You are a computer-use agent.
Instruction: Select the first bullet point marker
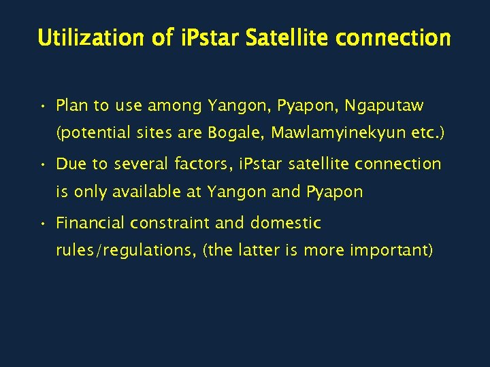pos(42,106)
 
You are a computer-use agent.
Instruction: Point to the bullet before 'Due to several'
pos(42,164)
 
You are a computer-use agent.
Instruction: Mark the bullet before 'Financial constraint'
pos(42,224)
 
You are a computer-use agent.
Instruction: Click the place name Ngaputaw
pos(384,106)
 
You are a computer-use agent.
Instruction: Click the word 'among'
pos(175,106)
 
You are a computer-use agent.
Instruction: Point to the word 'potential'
pos(92,134)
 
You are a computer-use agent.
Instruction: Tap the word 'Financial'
pos(90,223)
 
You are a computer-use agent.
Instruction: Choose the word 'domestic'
pos(286,223)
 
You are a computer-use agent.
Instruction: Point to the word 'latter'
pos(259,251)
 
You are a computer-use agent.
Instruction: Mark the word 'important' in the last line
pos(391,251)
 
